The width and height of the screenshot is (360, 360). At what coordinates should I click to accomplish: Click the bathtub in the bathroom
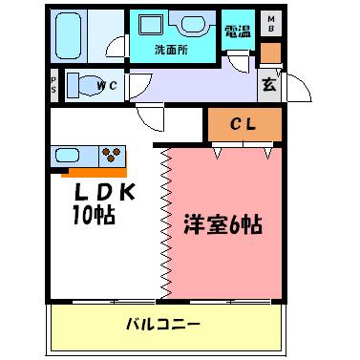[70, 37]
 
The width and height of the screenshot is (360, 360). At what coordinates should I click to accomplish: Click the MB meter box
[270, 24]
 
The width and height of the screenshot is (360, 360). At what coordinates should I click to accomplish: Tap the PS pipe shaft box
[54, 84]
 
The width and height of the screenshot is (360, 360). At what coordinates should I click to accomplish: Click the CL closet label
[244, 123]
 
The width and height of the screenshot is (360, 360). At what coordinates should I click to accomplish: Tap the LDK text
[105, 192]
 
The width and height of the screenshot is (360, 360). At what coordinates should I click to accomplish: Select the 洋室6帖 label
[222, 228]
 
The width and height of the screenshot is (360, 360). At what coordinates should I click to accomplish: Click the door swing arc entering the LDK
[153, 122]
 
